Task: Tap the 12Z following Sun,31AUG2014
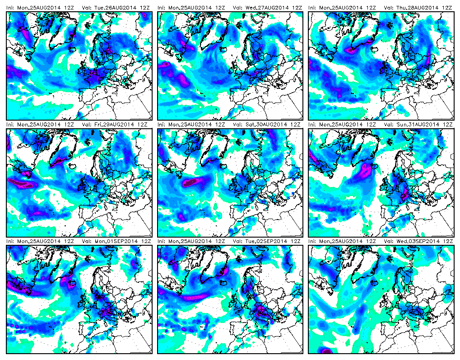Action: pyautogui.click(x=448, y=125)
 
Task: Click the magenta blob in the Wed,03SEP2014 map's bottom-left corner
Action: pyautogui.click(x=325, y=351)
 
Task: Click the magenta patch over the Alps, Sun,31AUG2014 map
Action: pyautogui.click(x=405, y=193)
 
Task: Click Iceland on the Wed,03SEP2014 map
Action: pyautogui.click(x=374, y=282)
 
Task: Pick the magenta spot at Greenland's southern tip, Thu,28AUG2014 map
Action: pyautogui.click(x=350, y=50)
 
